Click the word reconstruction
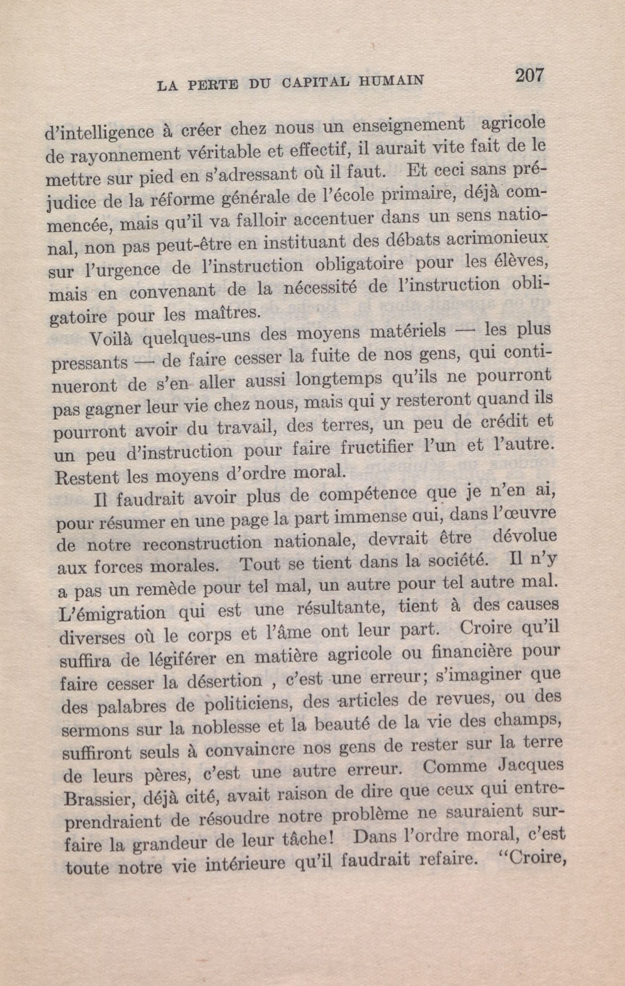click(x=202, y=543)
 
